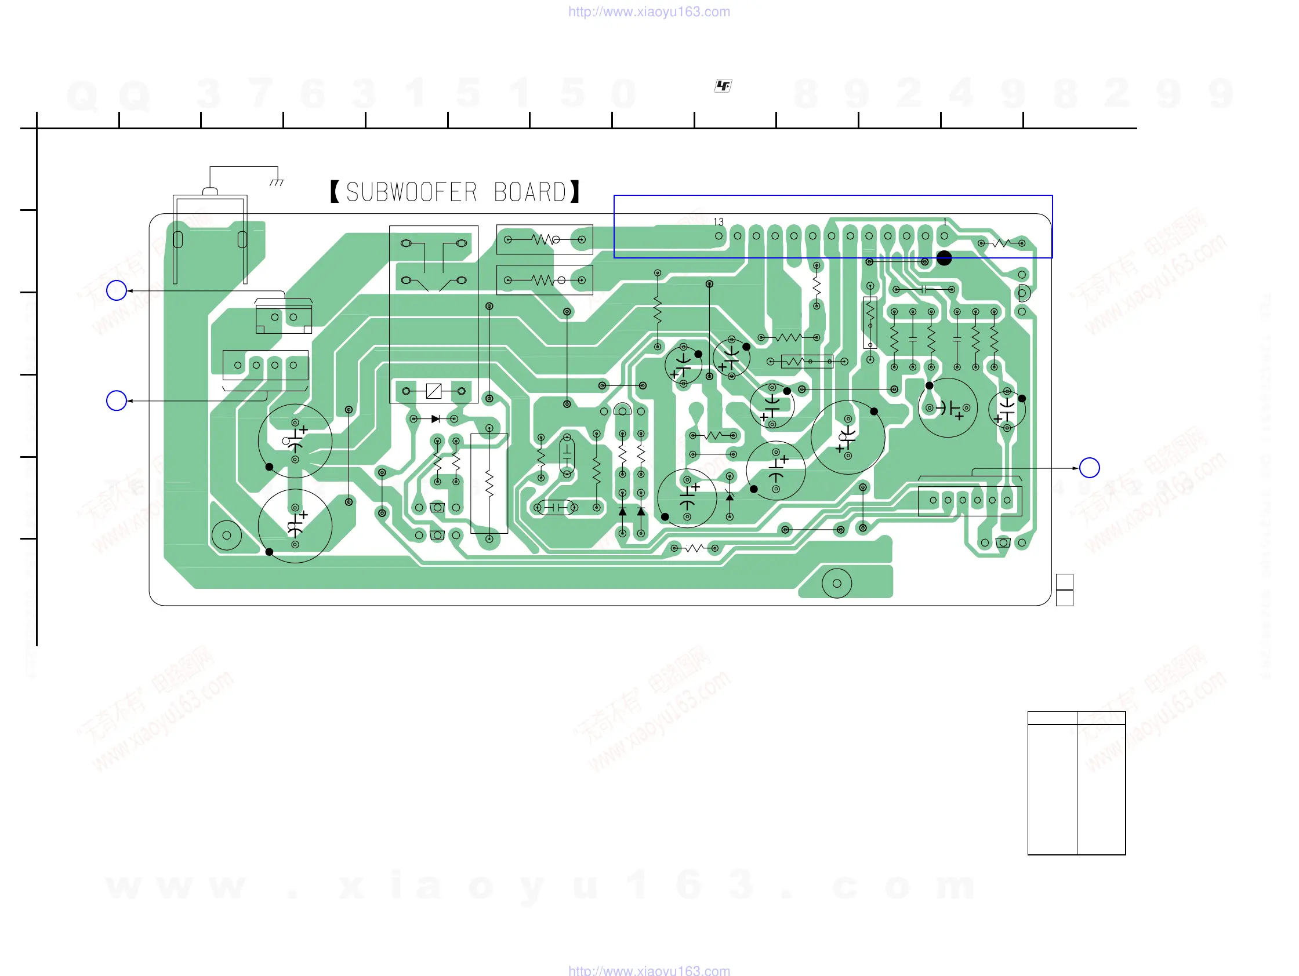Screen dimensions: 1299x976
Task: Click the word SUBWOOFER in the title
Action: pos(412,192)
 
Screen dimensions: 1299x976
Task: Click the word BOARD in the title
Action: pos(529,192)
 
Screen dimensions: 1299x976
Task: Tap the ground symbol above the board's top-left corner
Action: pos(277,183)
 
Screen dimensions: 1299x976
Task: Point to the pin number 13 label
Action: pos(718,222)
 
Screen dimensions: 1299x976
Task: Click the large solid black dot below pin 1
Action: pos(944,258)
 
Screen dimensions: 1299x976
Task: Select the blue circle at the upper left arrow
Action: pos(117,290)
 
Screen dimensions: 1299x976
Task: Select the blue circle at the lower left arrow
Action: pos(117,401)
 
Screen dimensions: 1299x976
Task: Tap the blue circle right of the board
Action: pos(1089,468)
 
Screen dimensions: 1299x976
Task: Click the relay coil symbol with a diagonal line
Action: pos(433,391)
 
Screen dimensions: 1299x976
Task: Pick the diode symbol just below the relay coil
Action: pos(435,419)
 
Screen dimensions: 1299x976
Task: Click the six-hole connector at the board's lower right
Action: pos(970,501)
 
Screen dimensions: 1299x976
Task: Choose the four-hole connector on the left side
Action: pos(266,365)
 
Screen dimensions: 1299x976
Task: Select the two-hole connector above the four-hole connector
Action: pos(284,318)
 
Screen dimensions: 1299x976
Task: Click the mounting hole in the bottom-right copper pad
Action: pos(837,584)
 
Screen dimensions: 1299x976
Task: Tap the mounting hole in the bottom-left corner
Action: pos(227,536)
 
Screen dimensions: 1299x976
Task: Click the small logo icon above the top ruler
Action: pos(723,86)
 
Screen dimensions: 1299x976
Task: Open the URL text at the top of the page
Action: pos(649,12)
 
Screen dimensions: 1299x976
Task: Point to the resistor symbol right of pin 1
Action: pos(1002,243)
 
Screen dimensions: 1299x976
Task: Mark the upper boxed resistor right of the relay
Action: pos(545,239)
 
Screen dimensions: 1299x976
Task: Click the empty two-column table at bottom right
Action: pos(1076,783)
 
